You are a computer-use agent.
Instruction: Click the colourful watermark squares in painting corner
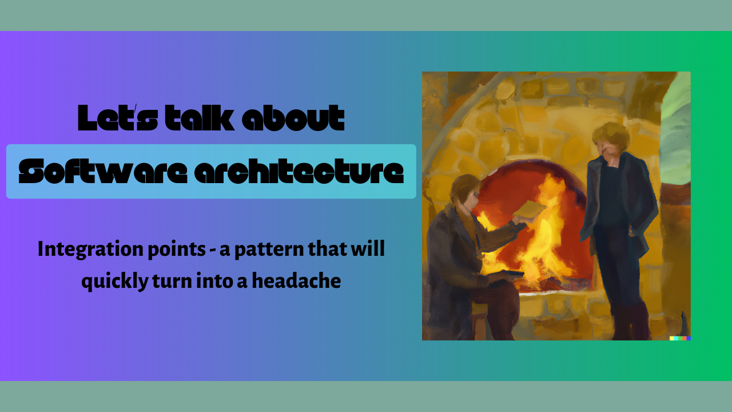tap(680, 338)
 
